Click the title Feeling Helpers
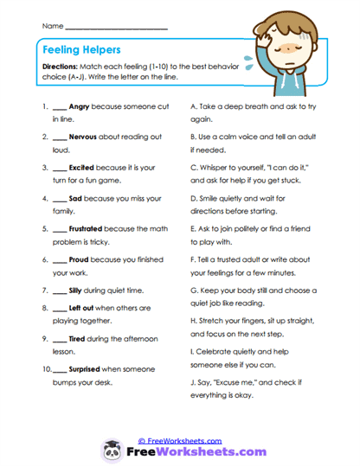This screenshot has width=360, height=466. point(84,51)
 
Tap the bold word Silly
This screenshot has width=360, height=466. point(78,290)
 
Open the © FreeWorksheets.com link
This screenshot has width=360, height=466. point(179,440)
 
